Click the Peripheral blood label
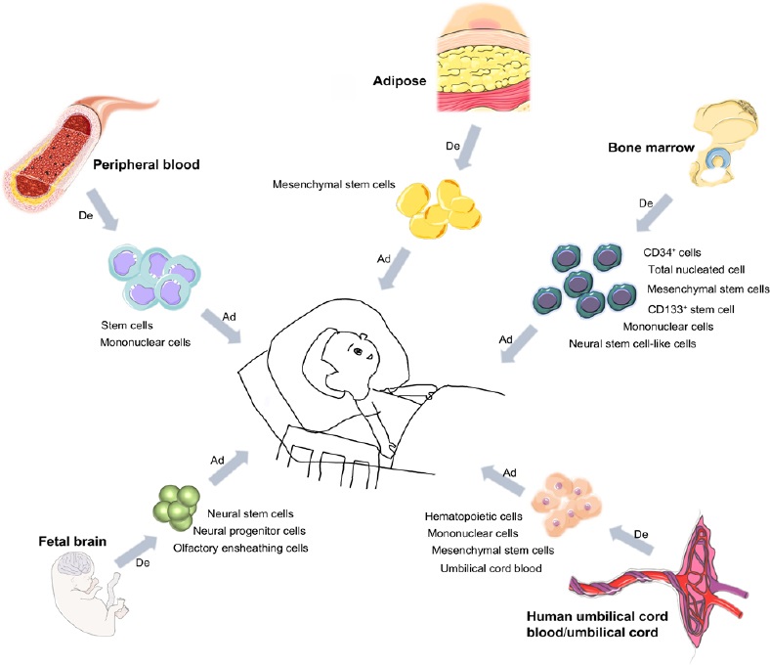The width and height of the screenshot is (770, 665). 146,164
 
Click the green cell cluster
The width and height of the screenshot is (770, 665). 176,504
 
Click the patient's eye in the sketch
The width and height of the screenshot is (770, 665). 359,351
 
